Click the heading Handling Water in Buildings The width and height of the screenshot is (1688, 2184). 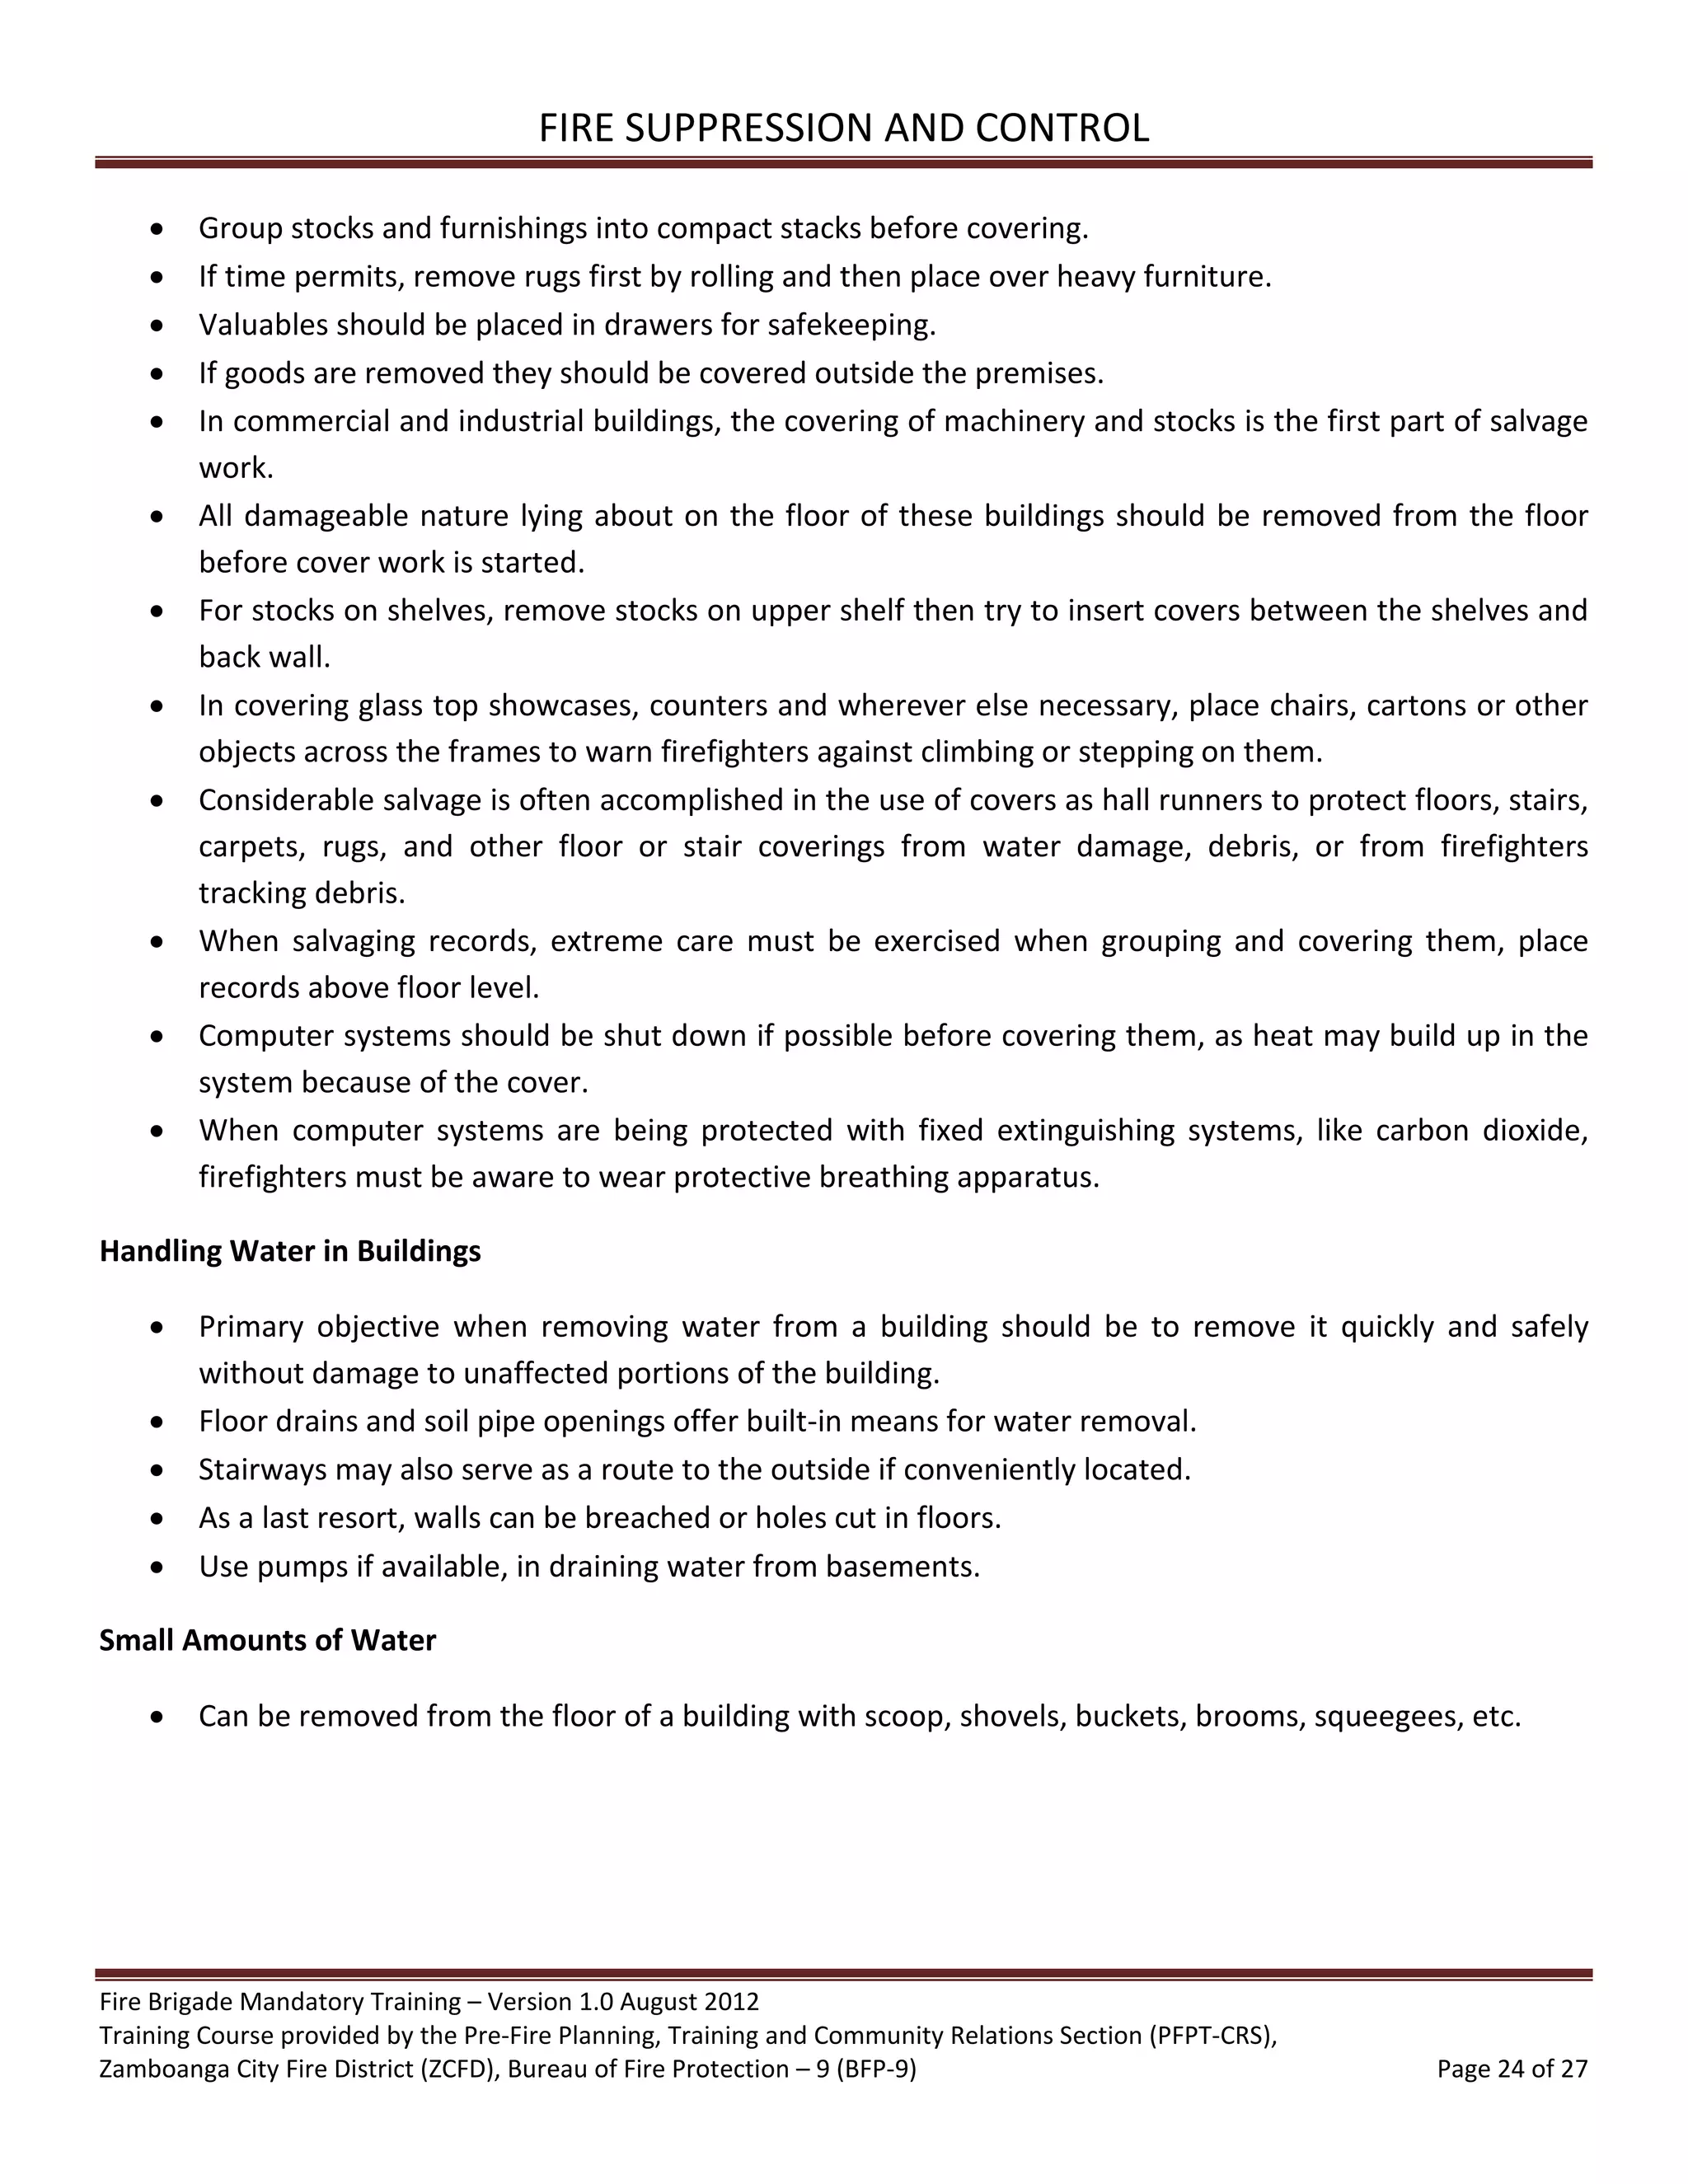(x=290, y=1251)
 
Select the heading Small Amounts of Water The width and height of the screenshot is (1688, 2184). (x=267, y=1640)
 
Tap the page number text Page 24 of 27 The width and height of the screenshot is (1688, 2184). (x=1512, y=2069)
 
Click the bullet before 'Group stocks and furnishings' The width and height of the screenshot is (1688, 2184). (x=157, y=229)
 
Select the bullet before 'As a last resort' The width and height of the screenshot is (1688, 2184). (x=157, y=1519)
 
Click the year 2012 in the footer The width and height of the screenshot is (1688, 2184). (x=731, y=2001)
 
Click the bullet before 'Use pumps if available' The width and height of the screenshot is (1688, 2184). (x=157, y=1567)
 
